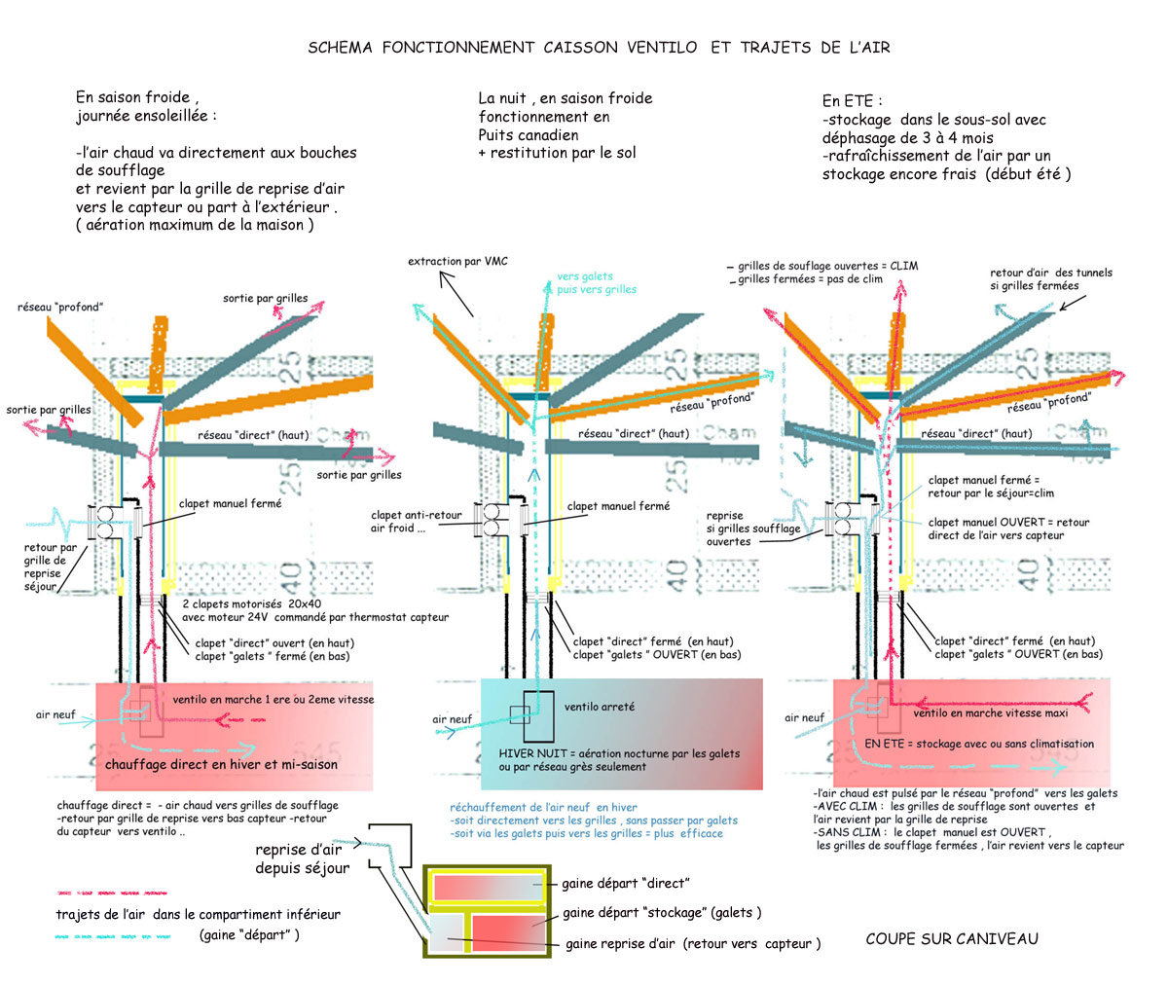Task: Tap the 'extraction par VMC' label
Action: pyautogui.click(x=457, y=261)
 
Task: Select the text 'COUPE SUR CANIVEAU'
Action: pyautogui.click(x=952, y=938)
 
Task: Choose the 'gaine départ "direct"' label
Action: pyautogui.click(x=625, y=884)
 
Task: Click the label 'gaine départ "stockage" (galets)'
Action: pyautogui.click(x=662, y=913)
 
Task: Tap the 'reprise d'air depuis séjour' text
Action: pyautogui.click(x=302, y=858)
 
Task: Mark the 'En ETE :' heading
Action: pyautogui.click(x=853, y=100)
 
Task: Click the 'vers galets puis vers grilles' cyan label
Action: pyautogui.click(x=596, y=283)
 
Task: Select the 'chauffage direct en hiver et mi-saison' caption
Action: pyautogui.click(x=222, y=764)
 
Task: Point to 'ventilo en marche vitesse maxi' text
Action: pyautogui.click(x=989, y=713)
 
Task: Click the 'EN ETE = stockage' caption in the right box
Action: pyautogui.click(x=979, y=744)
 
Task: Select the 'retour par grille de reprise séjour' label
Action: pyautogui.click(x=43, y=567)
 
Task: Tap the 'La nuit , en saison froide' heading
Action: pyautogui.click(x=565, y=98)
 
